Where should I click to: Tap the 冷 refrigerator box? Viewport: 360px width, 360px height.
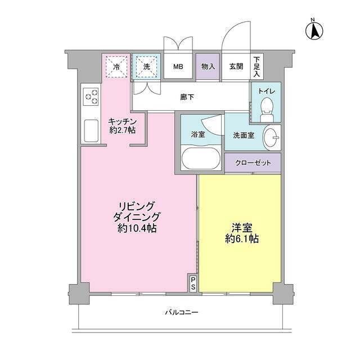point(116,66)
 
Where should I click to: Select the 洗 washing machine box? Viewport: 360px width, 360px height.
point(146,66)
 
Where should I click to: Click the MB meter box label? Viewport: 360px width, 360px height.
point(178,67)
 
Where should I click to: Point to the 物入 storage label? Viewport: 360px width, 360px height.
point(208,67)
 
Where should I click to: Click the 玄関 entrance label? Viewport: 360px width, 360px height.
point(236,67)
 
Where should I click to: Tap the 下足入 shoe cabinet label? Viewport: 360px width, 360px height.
point(257,66)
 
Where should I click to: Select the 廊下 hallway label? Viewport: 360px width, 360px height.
point(187,97)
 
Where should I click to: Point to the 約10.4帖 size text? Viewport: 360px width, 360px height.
point(137,228)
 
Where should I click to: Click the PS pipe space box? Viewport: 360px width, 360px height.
point(193,283)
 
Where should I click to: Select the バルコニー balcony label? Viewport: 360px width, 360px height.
point(182,312)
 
